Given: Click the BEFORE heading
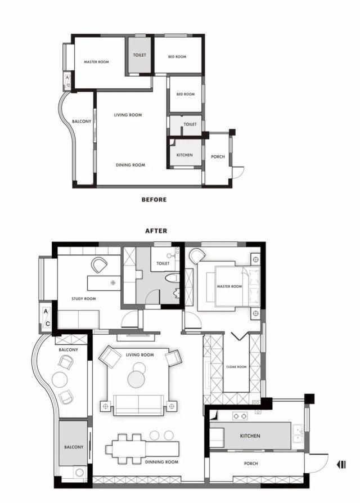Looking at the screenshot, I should [x=154, y=199].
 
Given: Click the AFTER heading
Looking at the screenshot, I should [x=156, y=231].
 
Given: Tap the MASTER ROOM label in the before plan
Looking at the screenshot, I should [x=96, y=62].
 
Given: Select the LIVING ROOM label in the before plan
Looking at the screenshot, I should [x=128, y=115].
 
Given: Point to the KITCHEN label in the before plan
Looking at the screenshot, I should [x=184, y=155].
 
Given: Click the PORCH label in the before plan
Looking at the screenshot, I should [x=218, y=157].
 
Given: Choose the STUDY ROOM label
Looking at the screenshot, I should [x=83, y=299].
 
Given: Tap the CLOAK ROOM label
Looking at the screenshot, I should [x=236, y=366].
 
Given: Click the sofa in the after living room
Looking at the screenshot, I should [x=138, y=404].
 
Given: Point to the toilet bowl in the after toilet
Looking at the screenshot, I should [x=173, y=277].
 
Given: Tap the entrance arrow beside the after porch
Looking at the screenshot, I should [x=341, y=464].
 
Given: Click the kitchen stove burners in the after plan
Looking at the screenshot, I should [x=240, y=416].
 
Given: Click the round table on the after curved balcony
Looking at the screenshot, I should [x=59, y=380].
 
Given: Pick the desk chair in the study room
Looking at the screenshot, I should [x=100, y=264].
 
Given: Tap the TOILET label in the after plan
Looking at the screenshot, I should [x=163, y=263].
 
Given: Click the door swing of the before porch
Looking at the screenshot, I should [x=238, y=172].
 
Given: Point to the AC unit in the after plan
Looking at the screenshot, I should [x=47, y=318].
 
